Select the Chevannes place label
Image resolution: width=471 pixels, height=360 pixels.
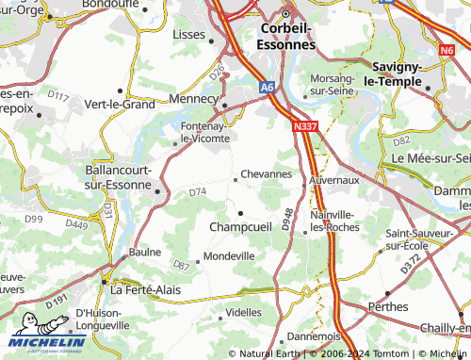[267, 174]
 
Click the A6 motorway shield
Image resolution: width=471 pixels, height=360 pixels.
[268, 86]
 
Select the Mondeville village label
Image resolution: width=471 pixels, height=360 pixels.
[230, 256]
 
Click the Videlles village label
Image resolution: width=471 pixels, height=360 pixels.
[244, 312]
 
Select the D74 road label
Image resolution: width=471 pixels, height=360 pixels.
[197, 192]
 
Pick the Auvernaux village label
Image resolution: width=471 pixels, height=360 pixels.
[334, 177]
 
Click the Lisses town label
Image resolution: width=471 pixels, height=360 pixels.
[191, 34]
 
